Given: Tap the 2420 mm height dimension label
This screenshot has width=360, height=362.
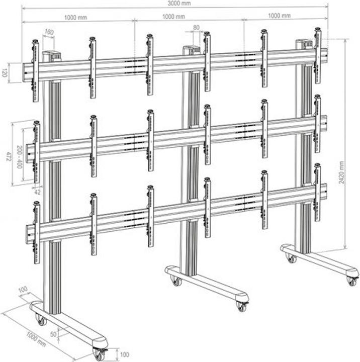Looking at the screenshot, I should coord(342,171).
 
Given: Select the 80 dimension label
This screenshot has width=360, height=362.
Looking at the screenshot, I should coord(196,28).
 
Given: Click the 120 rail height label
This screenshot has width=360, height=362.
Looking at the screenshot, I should coord(5,72).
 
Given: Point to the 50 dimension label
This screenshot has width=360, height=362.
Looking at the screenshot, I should coord(54,333).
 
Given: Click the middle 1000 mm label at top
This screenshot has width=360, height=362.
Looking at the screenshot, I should coord(174,17).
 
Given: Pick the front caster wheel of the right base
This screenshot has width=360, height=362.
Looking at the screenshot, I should coord(351,281).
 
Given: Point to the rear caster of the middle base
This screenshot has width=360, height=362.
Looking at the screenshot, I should coord(176,281).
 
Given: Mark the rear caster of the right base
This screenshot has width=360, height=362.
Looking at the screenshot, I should coord(291,258).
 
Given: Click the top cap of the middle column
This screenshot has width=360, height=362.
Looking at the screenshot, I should coord(191,49).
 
